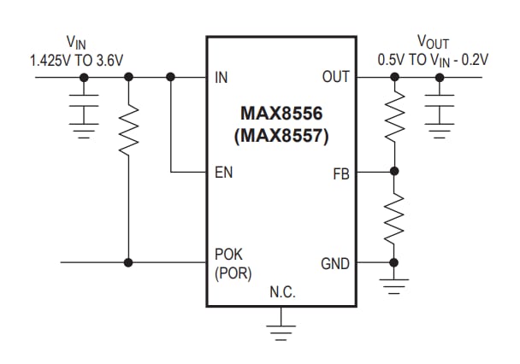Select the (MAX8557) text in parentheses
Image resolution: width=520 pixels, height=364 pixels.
coord(281,134)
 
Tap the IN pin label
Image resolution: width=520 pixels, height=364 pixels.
coord(222,77)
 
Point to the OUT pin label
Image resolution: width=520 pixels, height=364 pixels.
coord(336,77)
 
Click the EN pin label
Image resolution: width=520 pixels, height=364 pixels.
coord(223,173)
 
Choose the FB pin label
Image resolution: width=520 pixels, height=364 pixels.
coord(340,173)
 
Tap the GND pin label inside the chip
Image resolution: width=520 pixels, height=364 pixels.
coord(334,262)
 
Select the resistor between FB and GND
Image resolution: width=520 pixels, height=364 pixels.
coord(393,217)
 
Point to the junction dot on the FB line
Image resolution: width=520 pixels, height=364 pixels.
coord(393,172)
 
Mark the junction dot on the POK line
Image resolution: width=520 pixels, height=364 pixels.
coord(127,261)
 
